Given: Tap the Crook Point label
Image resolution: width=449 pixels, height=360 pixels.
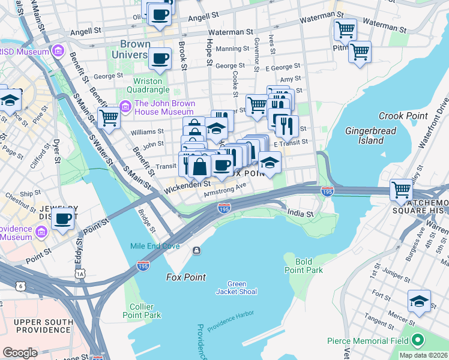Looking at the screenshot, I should click(x=403, y=116).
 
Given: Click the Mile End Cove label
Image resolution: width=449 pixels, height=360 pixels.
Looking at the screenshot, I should click(x=155, y=246).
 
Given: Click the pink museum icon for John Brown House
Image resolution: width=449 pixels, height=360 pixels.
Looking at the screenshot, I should click(x=125, y=107).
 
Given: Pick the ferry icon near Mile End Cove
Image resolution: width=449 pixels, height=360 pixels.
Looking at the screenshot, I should click(x=196, y=250).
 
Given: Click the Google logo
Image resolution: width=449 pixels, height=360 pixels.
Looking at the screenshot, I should click(x=20, y=353).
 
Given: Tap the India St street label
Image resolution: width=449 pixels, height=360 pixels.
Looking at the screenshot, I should click(x=300, y=214).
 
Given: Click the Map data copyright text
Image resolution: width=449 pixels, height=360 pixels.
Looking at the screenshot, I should click(x=423, y=355).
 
